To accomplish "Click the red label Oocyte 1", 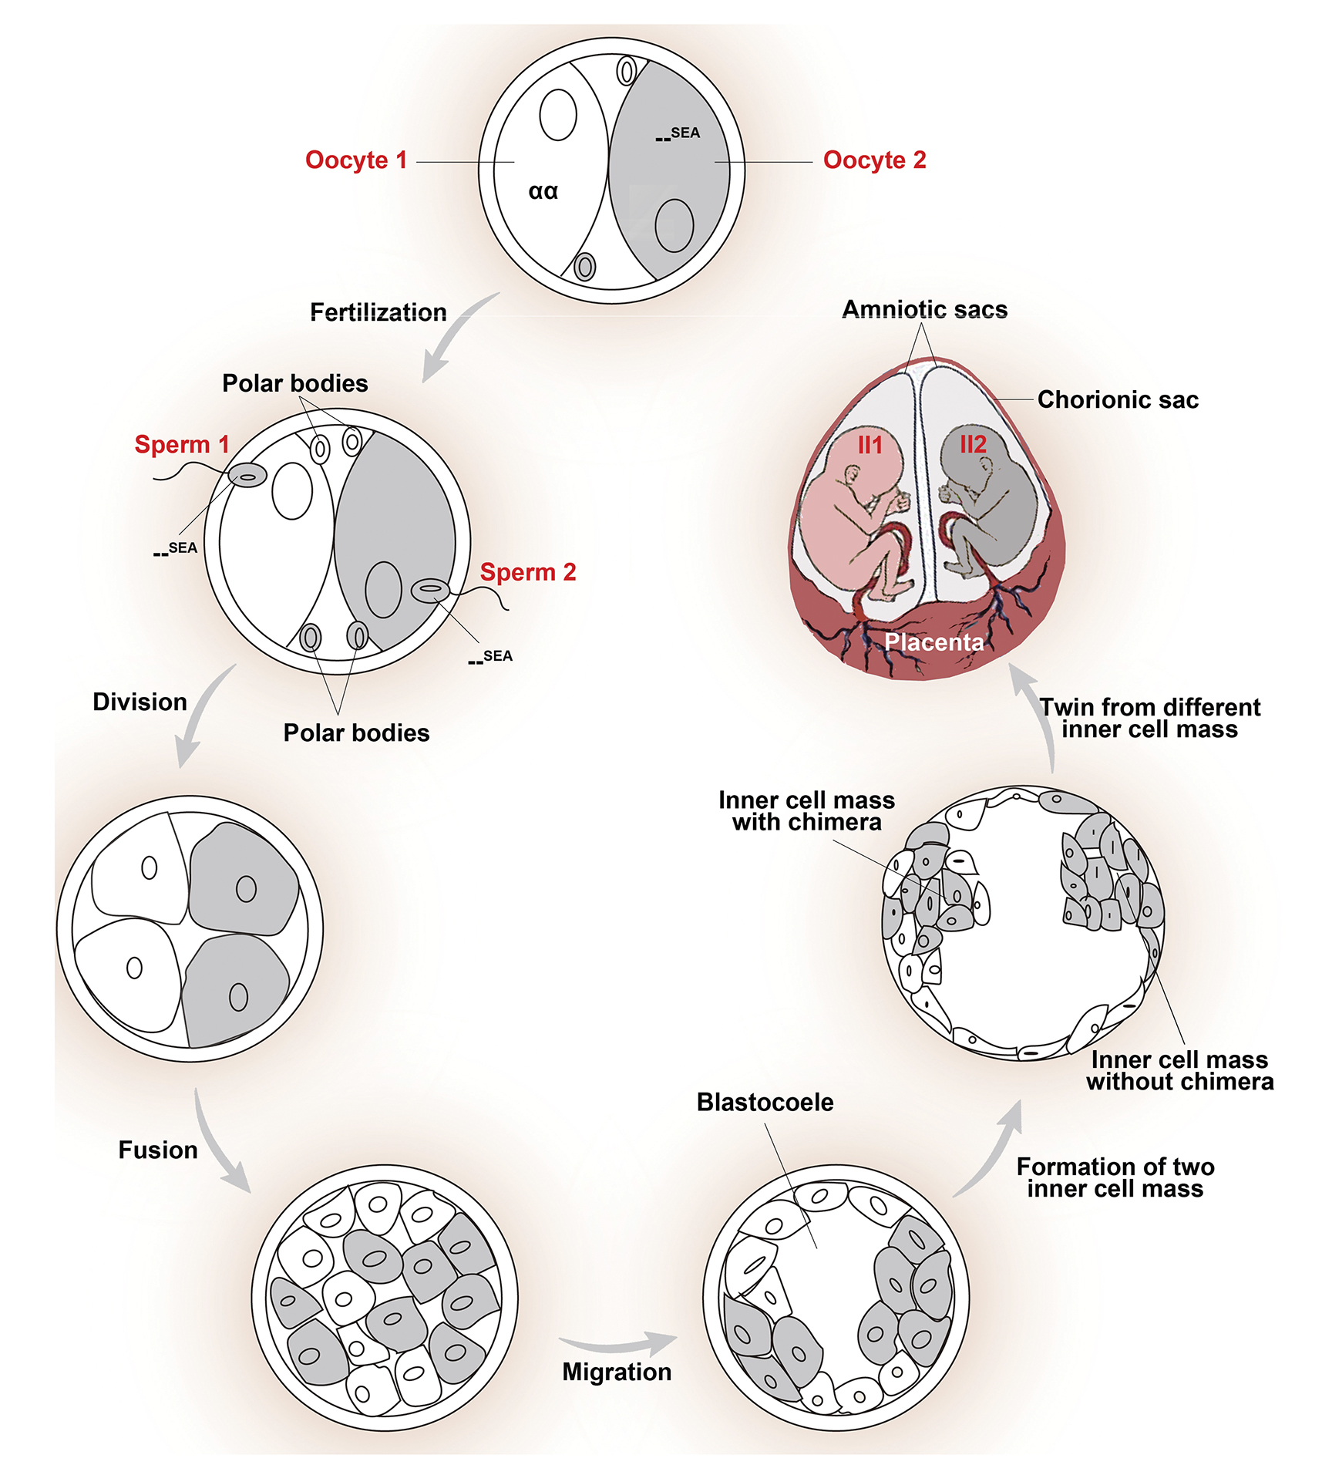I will [355, 160].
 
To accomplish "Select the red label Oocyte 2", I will [874, 160].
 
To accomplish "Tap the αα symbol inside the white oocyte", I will [543, 191].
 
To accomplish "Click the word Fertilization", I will [378, 312].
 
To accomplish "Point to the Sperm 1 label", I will [182, 445].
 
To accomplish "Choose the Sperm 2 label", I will [528, 572].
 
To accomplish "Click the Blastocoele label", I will [765, 1103].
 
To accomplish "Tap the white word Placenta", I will [933, 642].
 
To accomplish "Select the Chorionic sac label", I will [1118, 399].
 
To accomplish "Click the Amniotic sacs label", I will [924, 309].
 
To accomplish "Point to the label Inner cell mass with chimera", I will [806, 811].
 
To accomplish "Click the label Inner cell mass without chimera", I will [1179, 1071].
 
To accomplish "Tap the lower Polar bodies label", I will [356, 732].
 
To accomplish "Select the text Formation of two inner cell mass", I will [1115, 1177].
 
